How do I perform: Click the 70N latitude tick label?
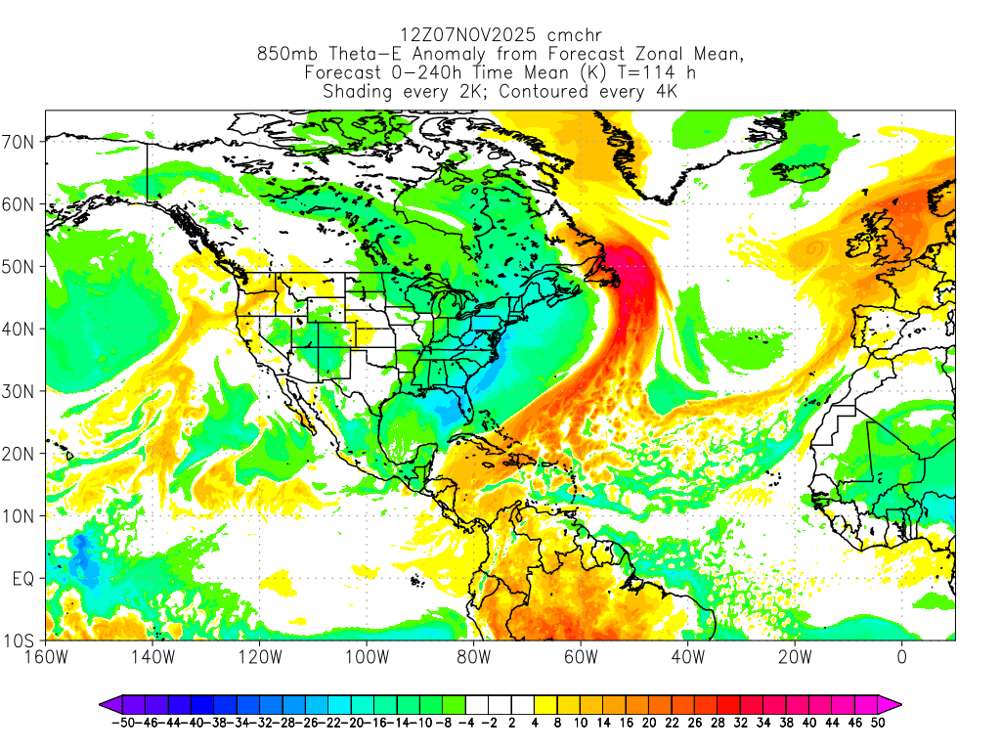20,142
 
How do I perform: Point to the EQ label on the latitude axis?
22,579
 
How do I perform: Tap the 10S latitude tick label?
20,641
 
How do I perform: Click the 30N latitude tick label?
20,391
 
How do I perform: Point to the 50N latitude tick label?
20,267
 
